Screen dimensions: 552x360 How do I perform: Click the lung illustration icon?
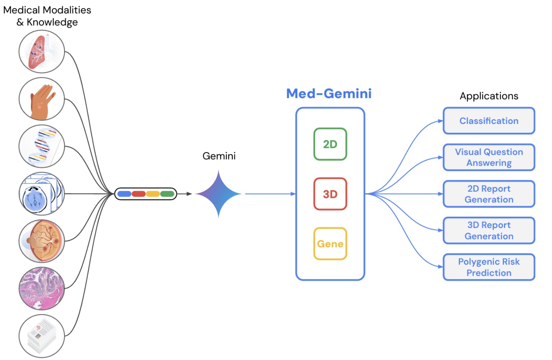pyautogui.click(x=42, y=51)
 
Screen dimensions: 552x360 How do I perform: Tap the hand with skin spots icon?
pyautogui.click(x=42, y=99)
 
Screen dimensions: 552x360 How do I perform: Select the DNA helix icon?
pyautogui.click(x=42, y=146)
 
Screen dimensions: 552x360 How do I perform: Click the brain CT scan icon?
pyautogui.click(x=42, y=194)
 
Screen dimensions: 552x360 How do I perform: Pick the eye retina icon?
pyautogui.click(x=42, y=241)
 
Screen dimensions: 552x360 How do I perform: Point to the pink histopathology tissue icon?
pyautogui.click(x=42, y=289)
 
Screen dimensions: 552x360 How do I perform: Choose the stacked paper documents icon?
pyautogui.click(x=42, y=336)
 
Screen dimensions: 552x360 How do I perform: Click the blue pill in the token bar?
pyautogui.click(x=124, y=194)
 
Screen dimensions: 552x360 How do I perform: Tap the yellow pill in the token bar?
pyautogui.click(x=153, y=194)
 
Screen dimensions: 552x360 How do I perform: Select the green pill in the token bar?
pyautogui.click(x=167, y=194)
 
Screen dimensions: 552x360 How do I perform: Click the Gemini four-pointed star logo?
pyautogui.click(x=219, y=194)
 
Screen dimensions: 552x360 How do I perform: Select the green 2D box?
pyautogui.click(x=330, y=144)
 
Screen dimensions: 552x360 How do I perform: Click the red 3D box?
pyautogui.click(x=330, y=194)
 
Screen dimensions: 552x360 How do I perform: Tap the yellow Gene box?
pyautogui.click(x=330, y=243)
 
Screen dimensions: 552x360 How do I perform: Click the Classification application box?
pyautogui.click(x=489, y=121)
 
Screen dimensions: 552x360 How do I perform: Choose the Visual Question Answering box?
pyautogui.click(x=489, y=157)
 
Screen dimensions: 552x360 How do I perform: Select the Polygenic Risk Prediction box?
pyautogui.click(x=489, y=267)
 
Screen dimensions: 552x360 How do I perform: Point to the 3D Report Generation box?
pyautogui.click(x=489, y=230)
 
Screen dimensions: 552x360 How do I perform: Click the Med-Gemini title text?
pyautogui.click(x=329, y=94)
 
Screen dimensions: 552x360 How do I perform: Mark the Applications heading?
pyautogui.click(x=489, y=96)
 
